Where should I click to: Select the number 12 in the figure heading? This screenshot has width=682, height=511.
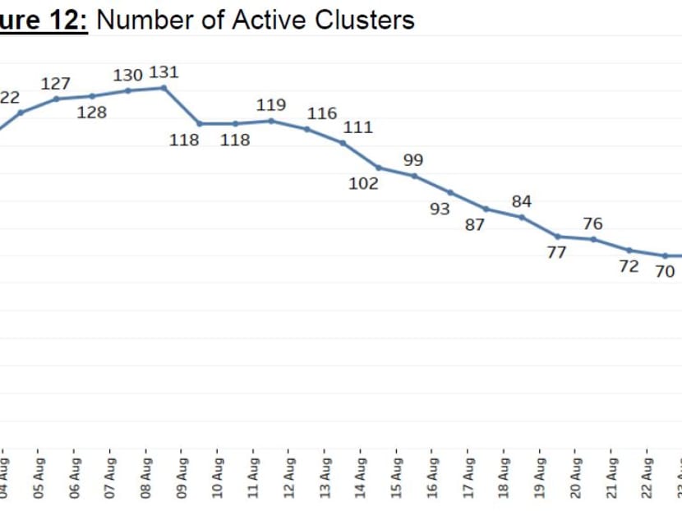pyautogui.click(x=70, y=19)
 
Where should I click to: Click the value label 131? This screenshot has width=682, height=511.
pyautogui.click(x=164, y=73)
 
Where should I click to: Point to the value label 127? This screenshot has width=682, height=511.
pyautogui.click(x=56, y=84)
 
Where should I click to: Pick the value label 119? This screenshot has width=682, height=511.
pyautogui.click(x=271, y=105)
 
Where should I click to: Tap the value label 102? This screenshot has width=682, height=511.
pyautogui.click(x=363, y=183)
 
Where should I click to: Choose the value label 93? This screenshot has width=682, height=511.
pyautogui.click(x=440, y=209)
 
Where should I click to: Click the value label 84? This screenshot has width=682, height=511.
pyautogui.click(x=522, y=201)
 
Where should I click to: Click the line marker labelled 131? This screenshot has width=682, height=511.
pyautogui.click(x=164, y=87)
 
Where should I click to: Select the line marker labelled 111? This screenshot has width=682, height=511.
pyautogui.click(x=343, y=143)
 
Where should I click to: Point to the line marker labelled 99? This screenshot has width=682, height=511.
pyautogui.click(x=414, y=176)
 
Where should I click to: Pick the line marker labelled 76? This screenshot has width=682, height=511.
pyautogui.click(x=593, y=239)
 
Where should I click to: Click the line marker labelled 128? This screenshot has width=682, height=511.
pyautogui.click(x=92, y=96)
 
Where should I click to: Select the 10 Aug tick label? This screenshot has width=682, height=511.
pyautogui.click(x=219, y=474)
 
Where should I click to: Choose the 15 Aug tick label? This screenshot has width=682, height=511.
pyautogui.click(x=398, y=474)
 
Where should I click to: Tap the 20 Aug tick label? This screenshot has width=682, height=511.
pyautogui.click(x=577, y=474)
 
